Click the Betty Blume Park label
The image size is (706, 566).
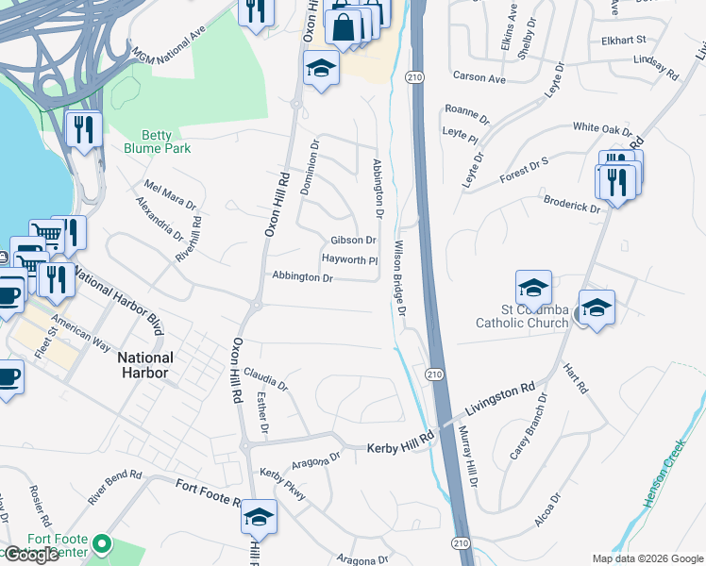point(157,141)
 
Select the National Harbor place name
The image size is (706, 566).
point(145,365)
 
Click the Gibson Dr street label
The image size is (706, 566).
point(353,241)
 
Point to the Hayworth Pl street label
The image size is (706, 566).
point(349,259)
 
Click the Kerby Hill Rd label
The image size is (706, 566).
point(399,440)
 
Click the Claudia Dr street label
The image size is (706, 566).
point(265,379)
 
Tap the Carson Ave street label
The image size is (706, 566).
point(479,77)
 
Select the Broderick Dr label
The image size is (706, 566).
point(572,206)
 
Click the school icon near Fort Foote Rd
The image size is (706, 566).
point(259,517)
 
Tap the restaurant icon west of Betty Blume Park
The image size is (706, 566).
point(85,129)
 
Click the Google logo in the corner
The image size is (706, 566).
point(30,555)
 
